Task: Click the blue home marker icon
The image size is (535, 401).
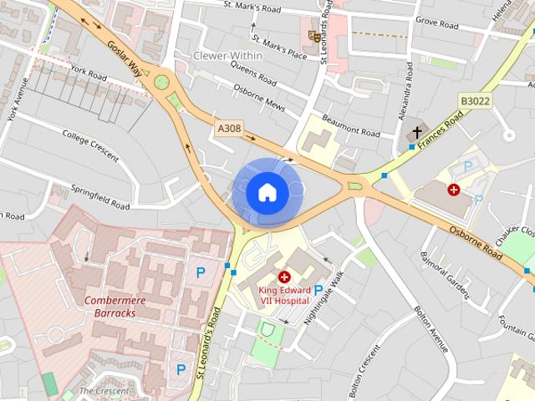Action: tap(267, 193)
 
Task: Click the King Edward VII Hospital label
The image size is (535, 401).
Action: tap(284, 295)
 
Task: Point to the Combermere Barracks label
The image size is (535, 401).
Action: tap(110, 306)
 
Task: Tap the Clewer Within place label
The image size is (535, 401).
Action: tap(228, 55)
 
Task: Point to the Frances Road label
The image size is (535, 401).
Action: tap(443, 131)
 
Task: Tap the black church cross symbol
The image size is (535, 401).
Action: tap(417, 133)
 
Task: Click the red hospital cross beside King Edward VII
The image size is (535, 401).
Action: tap(284, 277)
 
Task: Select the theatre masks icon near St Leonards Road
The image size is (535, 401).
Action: tap(313, 35)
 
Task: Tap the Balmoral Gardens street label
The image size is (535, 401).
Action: tap(446, 274)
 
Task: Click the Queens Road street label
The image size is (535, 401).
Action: tap(253, 76)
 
